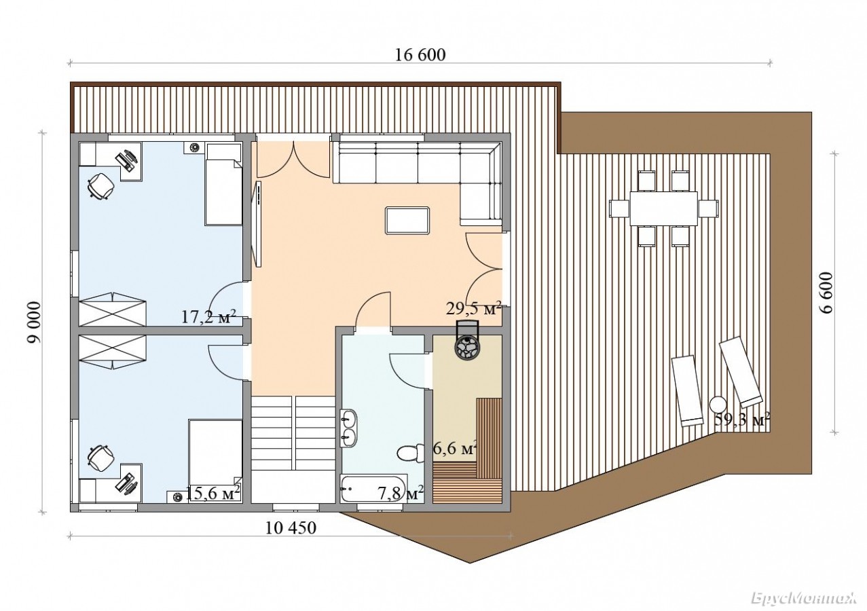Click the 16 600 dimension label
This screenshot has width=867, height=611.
point(420,55)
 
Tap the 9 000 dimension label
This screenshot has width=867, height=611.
point(34,322)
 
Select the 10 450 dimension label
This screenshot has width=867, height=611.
point(291,527)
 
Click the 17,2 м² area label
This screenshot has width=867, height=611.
point(208,317)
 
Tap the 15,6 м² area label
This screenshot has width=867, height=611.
point(213,493)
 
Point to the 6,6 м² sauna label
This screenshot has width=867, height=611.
point(454,449)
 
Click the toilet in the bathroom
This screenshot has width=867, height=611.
point(410,452)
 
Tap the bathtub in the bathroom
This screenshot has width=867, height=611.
point(373,488)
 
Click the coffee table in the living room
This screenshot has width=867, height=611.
point(407,220)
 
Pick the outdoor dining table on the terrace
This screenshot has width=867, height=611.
point(664,208)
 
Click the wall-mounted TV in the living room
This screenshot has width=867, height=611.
point(257,225)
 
